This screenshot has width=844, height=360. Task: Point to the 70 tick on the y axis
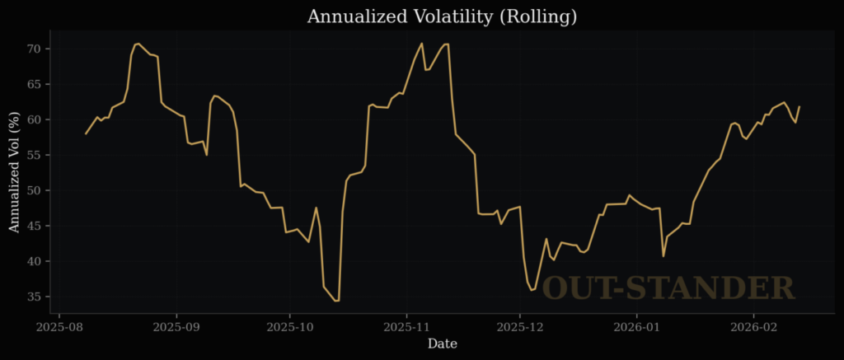point(35,49)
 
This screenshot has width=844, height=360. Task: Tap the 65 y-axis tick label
point(35,84)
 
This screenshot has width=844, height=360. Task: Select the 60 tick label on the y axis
point(35,119)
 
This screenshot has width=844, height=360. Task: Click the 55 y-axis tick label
point(35,155)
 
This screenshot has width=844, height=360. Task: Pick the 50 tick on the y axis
point(35,190)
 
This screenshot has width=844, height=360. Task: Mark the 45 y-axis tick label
point(35,226)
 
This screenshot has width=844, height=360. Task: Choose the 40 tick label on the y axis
point(35,261)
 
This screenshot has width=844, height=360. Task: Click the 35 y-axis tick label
point(35,297)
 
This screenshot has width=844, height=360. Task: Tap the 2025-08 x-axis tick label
point(59,327)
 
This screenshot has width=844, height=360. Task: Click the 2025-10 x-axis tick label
point(289,327)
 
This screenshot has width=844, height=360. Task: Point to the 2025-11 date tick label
point(406,327)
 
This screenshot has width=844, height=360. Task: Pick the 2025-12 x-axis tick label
point(519,327)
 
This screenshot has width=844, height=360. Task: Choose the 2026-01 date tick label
point(636,327)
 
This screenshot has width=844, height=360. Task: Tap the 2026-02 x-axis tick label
point(753,327)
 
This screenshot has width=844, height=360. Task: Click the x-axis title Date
point(442,344)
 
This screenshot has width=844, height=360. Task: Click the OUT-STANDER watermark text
point(668,288)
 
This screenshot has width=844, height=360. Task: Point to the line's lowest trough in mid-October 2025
point(336,301)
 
